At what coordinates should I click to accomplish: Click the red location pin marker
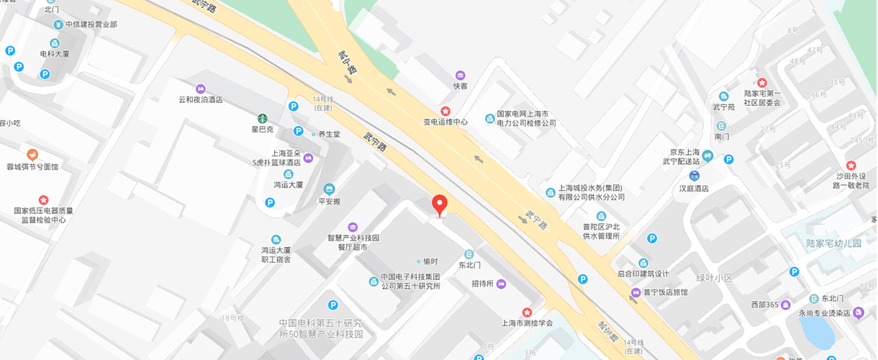click(x=440, y=205)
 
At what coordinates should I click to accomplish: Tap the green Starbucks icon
click(x=263, y=118)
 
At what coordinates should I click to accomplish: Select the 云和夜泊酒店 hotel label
click(x=201, y=100)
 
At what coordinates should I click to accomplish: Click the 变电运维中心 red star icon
click(x=445, y=111)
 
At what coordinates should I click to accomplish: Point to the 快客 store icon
click(x=460, y=75)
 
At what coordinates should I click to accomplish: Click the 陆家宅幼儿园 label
click(x=833, y=243)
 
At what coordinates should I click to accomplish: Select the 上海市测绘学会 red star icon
click(x=527, y=312)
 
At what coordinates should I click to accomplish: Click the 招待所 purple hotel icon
click(x=501, y=284)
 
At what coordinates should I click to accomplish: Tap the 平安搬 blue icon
click(x=329, y=189)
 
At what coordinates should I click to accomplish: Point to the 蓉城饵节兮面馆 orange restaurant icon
click(x=32, y=155)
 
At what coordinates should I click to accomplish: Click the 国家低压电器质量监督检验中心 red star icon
click(x=43, y=199)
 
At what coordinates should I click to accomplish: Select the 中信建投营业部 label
click(x=91, y=24)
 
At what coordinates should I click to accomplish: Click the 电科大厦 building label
click(x=54, y=53)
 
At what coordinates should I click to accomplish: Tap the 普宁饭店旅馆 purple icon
click(x=635, y=292)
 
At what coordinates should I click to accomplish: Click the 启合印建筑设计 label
click(x=643, y=274)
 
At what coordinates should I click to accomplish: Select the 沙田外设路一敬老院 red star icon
click(x=851, y=166)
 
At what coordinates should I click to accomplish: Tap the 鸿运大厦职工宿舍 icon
click(x=276, y=239)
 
